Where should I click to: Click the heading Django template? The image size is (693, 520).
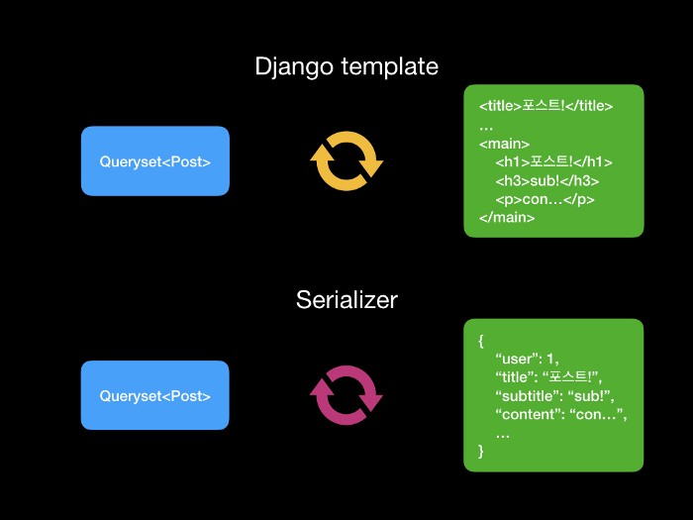point(346,67)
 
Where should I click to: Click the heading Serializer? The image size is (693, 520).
point(346,300)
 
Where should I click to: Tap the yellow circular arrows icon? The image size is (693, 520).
point(346,160)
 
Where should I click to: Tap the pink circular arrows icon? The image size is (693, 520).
point(346,394)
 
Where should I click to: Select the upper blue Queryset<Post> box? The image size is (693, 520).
point(154,160)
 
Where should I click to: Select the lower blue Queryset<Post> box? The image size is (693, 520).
point(154,395)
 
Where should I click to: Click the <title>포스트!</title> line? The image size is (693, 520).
point(545,106)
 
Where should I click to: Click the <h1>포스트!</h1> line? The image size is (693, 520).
point(554,162)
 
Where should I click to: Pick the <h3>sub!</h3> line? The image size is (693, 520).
point(547,181)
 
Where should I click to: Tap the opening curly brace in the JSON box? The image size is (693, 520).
point(481,340)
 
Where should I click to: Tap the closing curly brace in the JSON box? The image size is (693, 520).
point(481,452)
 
